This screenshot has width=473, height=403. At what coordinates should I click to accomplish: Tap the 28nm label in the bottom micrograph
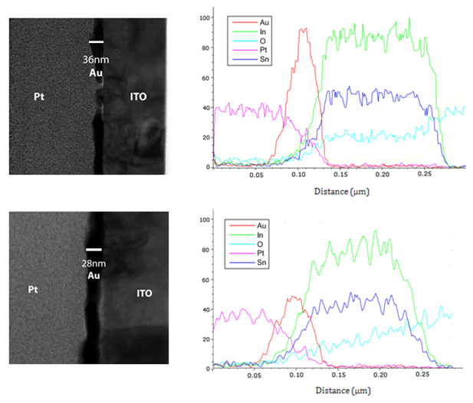pyautogui.click(x=94, y=263)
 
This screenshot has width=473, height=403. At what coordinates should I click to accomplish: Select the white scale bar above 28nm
pyautogui.click(x=94, y=249)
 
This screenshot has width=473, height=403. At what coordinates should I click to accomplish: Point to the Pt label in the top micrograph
pyautogui.click(x=38, y=97)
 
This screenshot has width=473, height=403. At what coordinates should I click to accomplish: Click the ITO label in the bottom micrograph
pyautogui.click(x=146, y=293)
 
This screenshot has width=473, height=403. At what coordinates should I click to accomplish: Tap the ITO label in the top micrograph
pyautogui.click(x=137, y=97)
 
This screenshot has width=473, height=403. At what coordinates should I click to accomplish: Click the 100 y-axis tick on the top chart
pyautogui.click(x=203, y=16)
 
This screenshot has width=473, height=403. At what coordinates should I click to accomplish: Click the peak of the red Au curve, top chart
pyautogui.click(x=304, y=29)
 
